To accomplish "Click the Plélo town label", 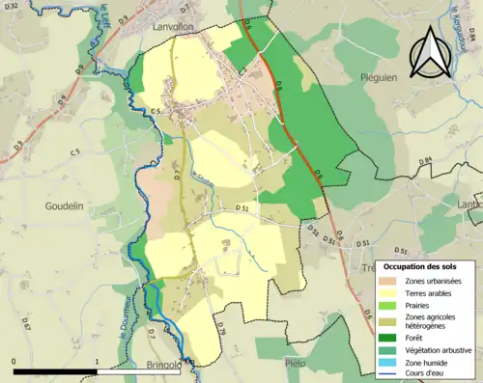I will coord(296,363).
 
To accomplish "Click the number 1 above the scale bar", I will coord(97,361).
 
